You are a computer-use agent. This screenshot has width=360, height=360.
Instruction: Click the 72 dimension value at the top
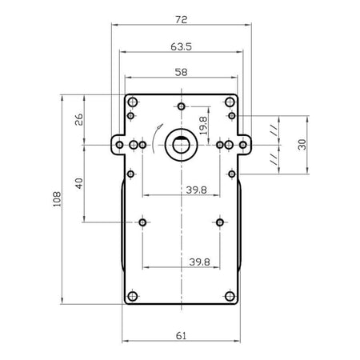click(182, 19)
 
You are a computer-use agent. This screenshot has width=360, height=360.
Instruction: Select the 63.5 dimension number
click(182, 46)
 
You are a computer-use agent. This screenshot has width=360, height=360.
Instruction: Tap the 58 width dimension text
click(181, 72)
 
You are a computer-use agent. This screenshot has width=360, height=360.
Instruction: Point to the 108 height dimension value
click(57, 199)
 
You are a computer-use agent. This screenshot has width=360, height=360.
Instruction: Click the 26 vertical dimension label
click(79, 119)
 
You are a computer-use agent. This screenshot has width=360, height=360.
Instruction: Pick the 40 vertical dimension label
click(79, 183)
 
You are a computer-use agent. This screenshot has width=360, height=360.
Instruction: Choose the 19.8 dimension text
click(203, 126)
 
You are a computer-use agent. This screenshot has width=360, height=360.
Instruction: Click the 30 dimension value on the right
click(302, 145)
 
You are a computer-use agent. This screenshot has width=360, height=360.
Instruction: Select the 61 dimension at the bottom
click(181, 336)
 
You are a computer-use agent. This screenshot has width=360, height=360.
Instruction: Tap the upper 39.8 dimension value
click(196, 190)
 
